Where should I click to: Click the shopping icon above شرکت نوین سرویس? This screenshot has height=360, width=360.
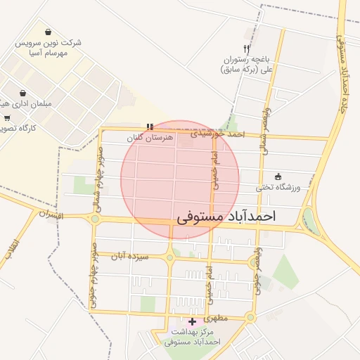48,32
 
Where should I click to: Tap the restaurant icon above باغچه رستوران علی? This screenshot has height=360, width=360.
246,49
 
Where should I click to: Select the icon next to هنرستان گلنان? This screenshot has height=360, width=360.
150,127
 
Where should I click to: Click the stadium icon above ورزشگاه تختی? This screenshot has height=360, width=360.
278,176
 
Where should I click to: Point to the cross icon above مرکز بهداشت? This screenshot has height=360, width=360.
193,321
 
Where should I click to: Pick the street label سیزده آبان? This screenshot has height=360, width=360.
135,257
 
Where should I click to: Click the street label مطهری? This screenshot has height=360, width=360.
233,318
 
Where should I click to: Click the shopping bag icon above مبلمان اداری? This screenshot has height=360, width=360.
24,92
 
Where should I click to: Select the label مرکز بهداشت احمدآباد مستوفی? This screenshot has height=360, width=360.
193,336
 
